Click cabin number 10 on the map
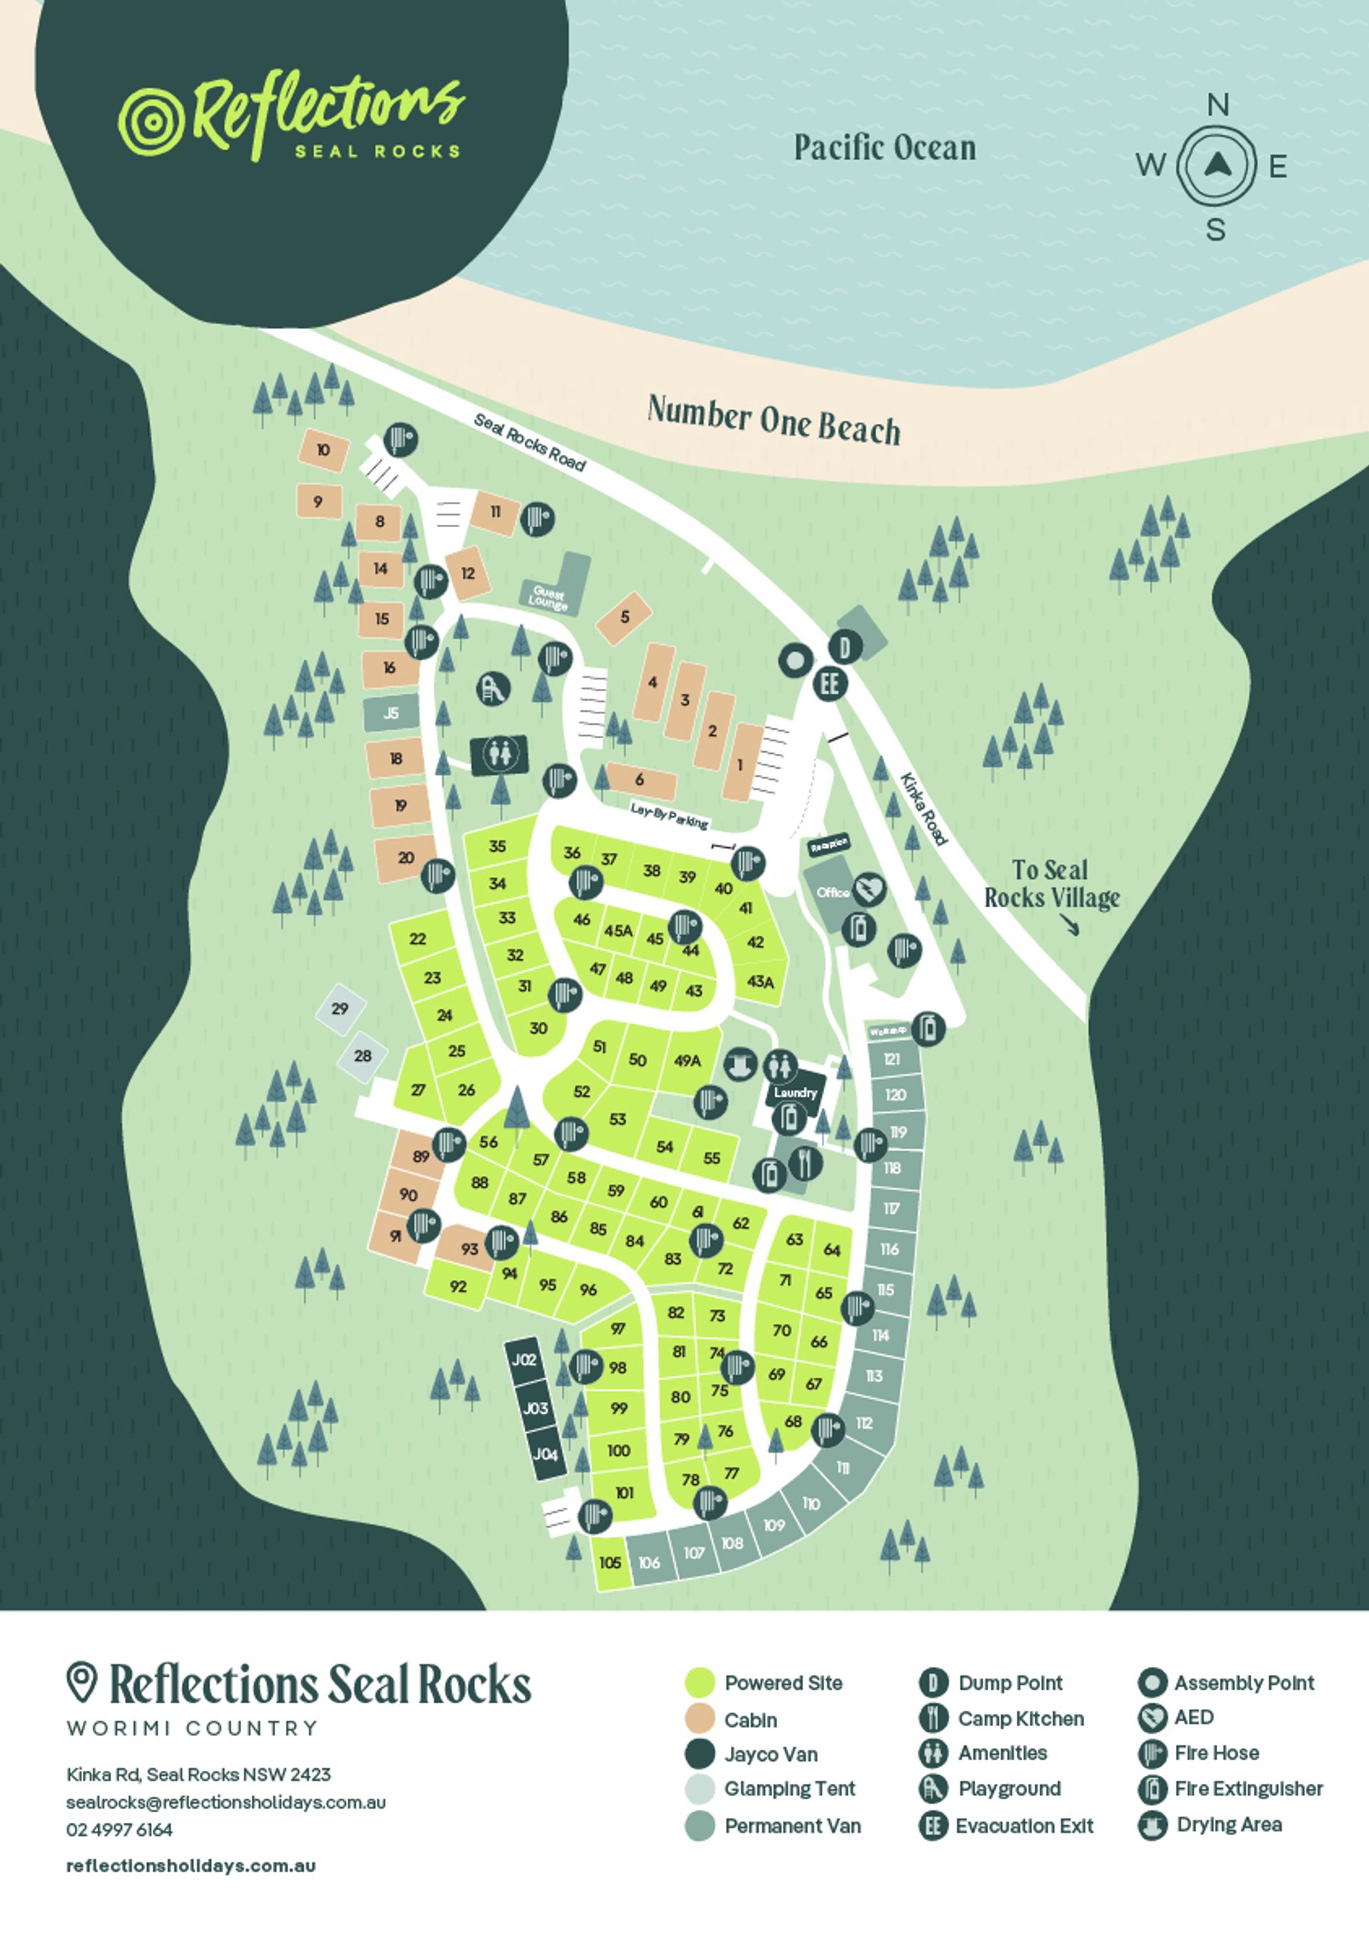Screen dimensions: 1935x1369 pos(323,450)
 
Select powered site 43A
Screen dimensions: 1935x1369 pos(759,981)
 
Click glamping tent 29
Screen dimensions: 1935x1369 pos(339,1009)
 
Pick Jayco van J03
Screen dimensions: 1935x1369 pos(535,1409)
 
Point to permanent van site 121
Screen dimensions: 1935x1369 pos(892,1060)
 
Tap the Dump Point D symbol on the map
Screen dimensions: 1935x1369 pos(843,648)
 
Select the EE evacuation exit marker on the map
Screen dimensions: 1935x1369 pos(829,683)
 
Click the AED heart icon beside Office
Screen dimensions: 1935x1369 pos(869,889)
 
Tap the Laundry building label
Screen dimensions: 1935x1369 pos(795,1093)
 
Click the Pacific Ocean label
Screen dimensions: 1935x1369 pos(885,148)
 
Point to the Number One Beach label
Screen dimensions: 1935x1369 pos(774,421)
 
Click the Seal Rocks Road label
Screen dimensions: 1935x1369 pos(528,441)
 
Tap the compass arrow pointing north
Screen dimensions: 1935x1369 pos(1216,165)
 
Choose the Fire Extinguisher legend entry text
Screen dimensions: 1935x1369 pos(1248,1789)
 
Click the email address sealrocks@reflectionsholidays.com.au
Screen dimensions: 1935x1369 pos(226,1802)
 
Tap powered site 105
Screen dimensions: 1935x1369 pos(610,1562)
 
